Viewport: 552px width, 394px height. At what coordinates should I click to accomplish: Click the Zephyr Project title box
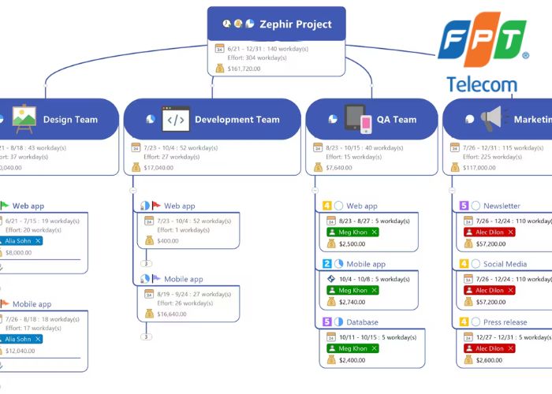(277, 24)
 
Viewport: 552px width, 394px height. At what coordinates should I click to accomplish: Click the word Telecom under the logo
(482, 84)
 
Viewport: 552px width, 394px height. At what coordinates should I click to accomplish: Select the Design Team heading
(70, 120)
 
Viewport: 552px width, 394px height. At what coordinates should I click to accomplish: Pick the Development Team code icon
(176, 119)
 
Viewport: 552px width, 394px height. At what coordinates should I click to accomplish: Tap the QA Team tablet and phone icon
(357, 119)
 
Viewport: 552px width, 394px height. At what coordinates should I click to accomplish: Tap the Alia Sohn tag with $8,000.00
(22, 240)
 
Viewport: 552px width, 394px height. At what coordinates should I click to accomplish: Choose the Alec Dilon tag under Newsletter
(490, 232)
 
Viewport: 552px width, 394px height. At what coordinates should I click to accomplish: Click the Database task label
(362, 322)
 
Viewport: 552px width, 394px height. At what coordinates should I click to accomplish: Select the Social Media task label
(505, 264)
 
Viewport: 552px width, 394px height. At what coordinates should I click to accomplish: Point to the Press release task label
(505, 322)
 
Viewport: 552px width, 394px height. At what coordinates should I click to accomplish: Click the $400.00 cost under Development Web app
(167, 240)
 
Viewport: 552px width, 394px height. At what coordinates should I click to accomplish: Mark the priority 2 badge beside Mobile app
(327, 264)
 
